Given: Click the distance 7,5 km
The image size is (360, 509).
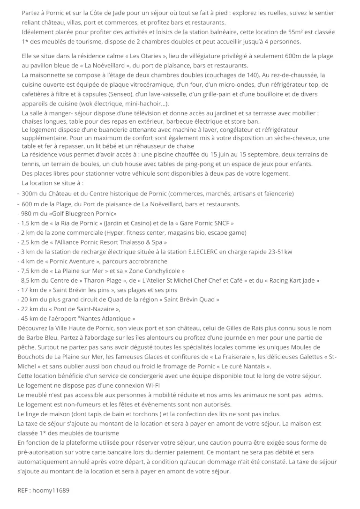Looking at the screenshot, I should tap(30, 271).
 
